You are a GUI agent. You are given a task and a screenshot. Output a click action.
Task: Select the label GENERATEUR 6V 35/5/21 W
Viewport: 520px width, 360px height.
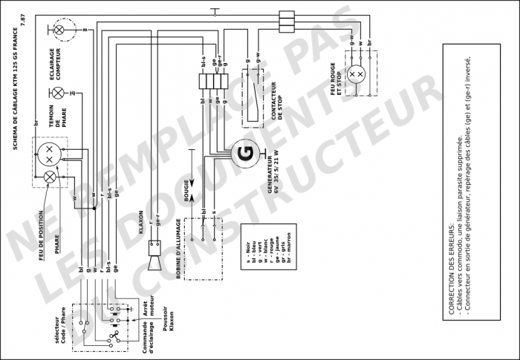[x=273, y=173]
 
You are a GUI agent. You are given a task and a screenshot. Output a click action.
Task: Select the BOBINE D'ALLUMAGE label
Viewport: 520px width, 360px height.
[x=178, y=249]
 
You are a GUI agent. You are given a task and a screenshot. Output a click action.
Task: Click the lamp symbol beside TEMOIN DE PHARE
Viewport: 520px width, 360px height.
[x=58, y=94]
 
